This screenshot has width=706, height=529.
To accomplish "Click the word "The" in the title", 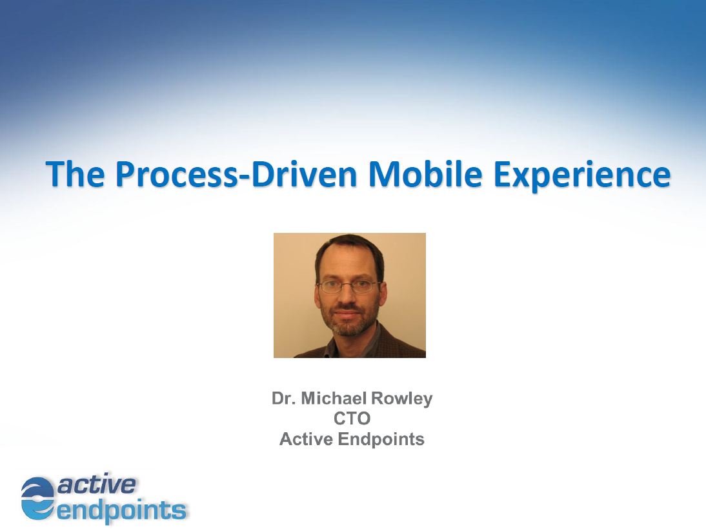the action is [x=76, y=174].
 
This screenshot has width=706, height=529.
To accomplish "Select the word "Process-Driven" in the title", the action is [x=236, y=174].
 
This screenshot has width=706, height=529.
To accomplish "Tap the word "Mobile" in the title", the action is [x=425, y=174].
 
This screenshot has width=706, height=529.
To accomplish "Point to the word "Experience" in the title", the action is [x=582, y=175].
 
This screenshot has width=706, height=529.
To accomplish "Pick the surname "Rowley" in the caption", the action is [x=402, y=399].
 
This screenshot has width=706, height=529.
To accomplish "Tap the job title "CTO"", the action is [x=352, y=418].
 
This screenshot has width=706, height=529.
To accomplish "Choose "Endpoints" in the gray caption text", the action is [x=381, y=439].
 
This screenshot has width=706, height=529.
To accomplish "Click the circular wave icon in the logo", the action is [x=38, y=498].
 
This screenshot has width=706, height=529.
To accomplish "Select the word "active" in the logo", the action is [x=96, y=484].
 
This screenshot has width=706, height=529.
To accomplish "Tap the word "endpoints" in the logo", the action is [x=121, y=510].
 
